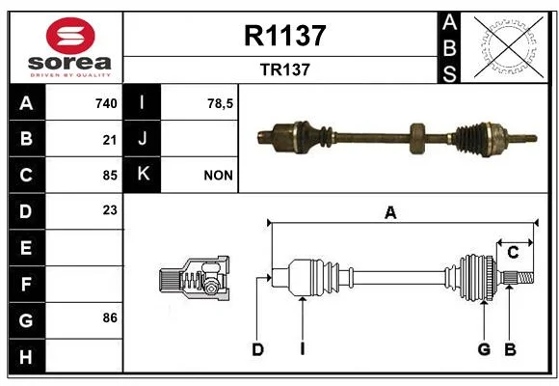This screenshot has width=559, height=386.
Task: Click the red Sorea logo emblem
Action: [70, 36]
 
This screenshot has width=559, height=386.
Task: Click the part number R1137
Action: [285, 36]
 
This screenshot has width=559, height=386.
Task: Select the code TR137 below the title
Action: [285, 69]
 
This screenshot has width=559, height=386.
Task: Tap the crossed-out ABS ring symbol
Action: [509, 47]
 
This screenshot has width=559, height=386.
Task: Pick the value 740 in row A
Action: [106, 103]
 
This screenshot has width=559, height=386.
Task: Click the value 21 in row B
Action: [110, 140]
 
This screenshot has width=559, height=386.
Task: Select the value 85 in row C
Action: [110, 176]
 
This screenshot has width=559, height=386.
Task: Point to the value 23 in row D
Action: [110, 210]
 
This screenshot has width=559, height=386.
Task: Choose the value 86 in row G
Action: [110, 317]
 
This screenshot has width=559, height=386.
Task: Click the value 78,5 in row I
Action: [221, 103]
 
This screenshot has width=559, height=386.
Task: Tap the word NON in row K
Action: [218, 176]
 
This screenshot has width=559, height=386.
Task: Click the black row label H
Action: [27, 356]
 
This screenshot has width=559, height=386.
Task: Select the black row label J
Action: [142, 138]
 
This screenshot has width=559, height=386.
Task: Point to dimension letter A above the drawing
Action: [390, 213]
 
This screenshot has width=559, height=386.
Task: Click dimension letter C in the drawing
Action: [513, 253]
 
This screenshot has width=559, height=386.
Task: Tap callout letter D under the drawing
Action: [257, 349]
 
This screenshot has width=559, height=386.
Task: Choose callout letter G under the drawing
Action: [484, 349]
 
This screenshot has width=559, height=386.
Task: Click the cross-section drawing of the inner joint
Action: [195, 278]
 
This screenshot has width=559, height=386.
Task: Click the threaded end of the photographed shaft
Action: [524, 138]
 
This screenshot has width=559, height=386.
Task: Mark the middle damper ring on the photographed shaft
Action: [417, 139]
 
